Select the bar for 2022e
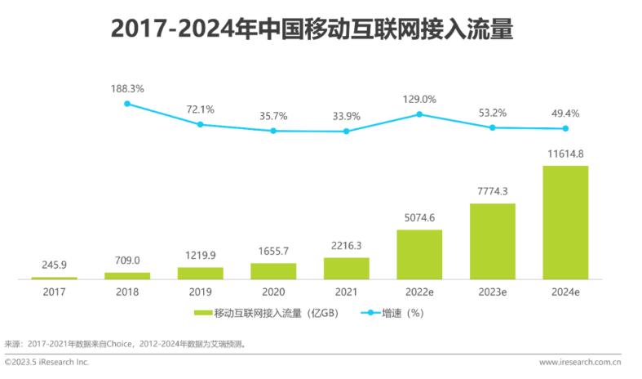(x=419, y=254)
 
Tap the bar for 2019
(x=200, y=273)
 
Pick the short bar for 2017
(x=54, y=278)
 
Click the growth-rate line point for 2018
(x=127, y=103)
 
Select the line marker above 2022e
(x=419, y=114)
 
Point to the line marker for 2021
(x=347, y=131)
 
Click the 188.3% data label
(x=127, y=87)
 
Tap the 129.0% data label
(x=419, y=99)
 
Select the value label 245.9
(x=54, y=266)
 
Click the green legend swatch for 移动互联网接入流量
(x=202, y=313)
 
